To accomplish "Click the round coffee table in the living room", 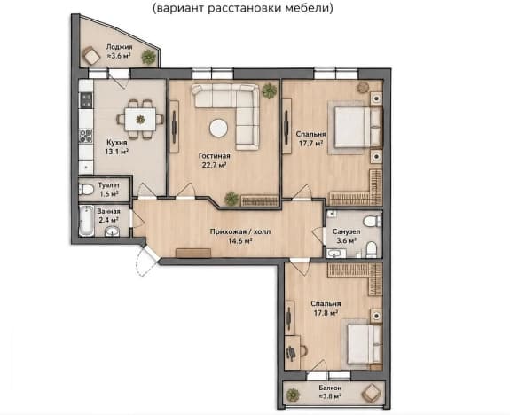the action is [x=218, y=129].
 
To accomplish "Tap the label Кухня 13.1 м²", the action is [x=116, y=147].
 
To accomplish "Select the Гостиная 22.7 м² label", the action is [x=214, y=161].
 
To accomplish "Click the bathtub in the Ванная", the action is [x=86, y=221].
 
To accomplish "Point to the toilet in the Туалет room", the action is [x=85, y=189].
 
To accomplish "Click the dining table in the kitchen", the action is [x=140, y=120].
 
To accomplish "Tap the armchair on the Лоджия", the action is [x=90, y=56].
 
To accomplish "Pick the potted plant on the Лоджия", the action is [x=148, y=57].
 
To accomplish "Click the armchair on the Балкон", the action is [x=371, y=393].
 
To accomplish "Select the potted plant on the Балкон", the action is [x=293, y=395].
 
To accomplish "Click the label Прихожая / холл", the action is [x=240, y=232].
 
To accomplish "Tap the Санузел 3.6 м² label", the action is [x=346, y=236].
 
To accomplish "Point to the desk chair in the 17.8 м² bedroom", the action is [x=303, y=350].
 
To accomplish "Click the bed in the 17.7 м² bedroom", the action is [x=357, y=127].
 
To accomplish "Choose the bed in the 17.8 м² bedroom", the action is [x=364, y=344].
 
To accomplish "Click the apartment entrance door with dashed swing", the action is [x=146, y=261].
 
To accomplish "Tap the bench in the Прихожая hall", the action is [x=193, y=253].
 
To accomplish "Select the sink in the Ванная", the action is [x=113, y=231].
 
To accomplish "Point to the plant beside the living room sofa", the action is [x=270, y=90].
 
